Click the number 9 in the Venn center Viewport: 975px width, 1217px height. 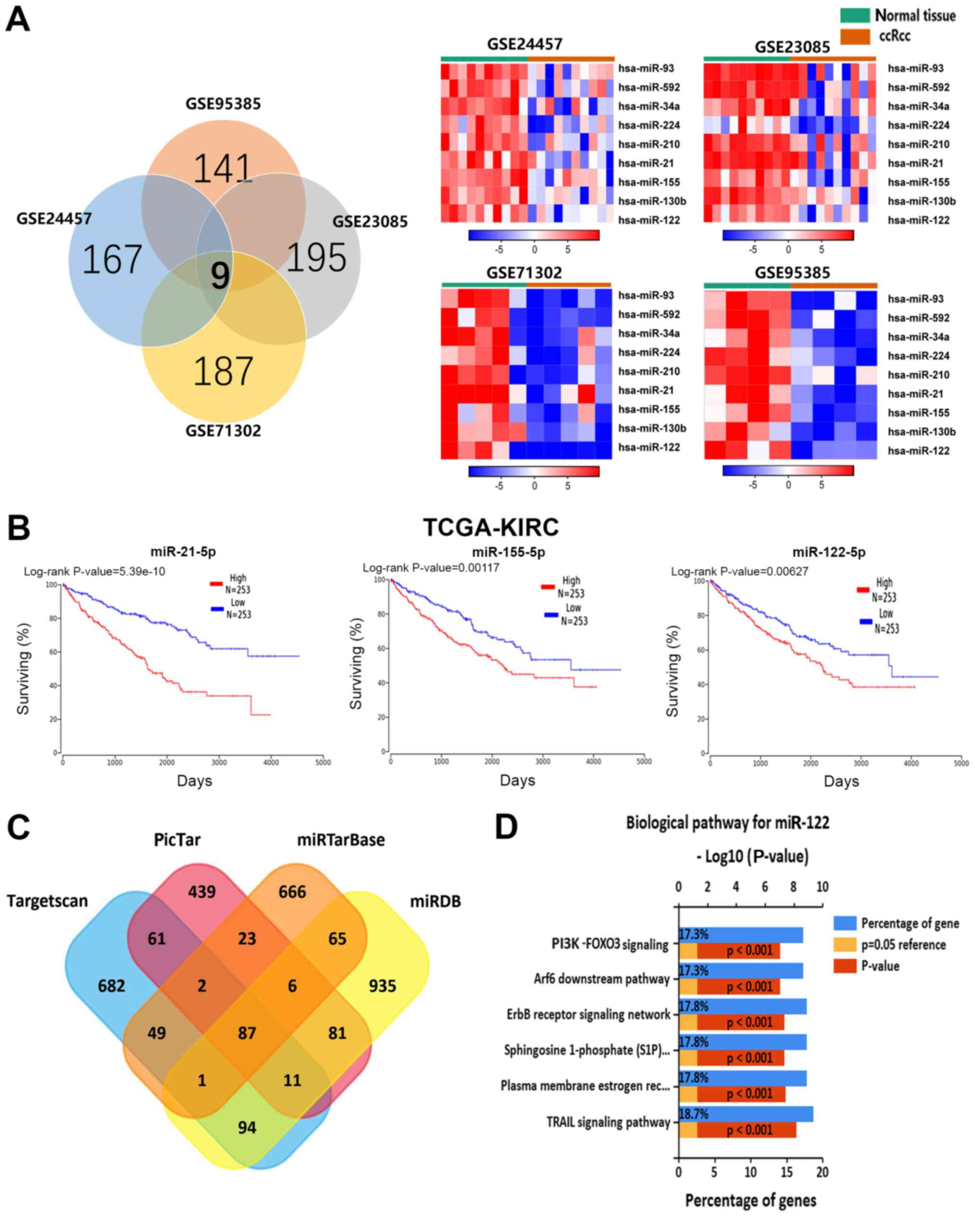[x=220, y=276]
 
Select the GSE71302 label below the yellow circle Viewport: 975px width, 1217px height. [x=223, y=431]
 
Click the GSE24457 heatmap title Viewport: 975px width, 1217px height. [x=525, y=44]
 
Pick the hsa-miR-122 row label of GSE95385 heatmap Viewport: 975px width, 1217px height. [x=918, y=450]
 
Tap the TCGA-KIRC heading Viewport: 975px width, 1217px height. [x=491, y=527]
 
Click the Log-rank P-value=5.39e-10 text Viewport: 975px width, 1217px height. [x=94, y=571]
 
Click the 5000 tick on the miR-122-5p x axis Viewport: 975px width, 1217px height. [x=961, y=763]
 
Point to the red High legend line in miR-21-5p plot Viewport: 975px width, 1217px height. [x=216, y=584]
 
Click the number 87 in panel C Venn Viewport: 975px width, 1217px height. [x=247, y=1033]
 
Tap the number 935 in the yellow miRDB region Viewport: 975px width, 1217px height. [x=382, y=986]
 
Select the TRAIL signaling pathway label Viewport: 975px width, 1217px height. [x=608, y=1122]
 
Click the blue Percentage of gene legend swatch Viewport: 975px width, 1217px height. [x=844, y=924]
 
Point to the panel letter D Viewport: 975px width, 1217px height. [x=506, y=828]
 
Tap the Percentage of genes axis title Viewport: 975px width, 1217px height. [x=750, y=1200]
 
